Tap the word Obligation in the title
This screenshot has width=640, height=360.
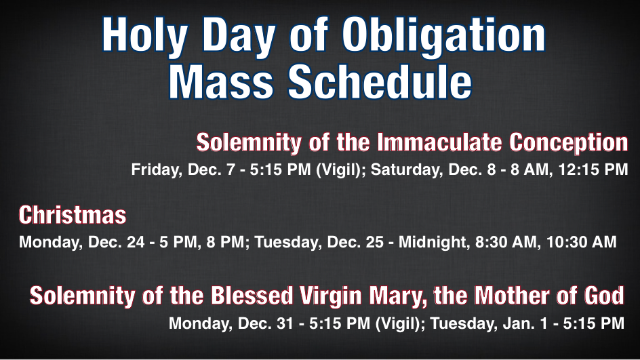tap(443, 35)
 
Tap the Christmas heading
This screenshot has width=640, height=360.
tap(73, 215)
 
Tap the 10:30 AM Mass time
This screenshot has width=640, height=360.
tap(582, 242)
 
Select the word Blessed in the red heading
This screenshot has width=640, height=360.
tap(252, 296)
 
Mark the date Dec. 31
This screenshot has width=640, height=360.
tap(265, 323)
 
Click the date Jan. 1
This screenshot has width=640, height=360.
tap(525, 323)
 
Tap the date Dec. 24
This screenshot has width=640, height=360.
tap(117, 242)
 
